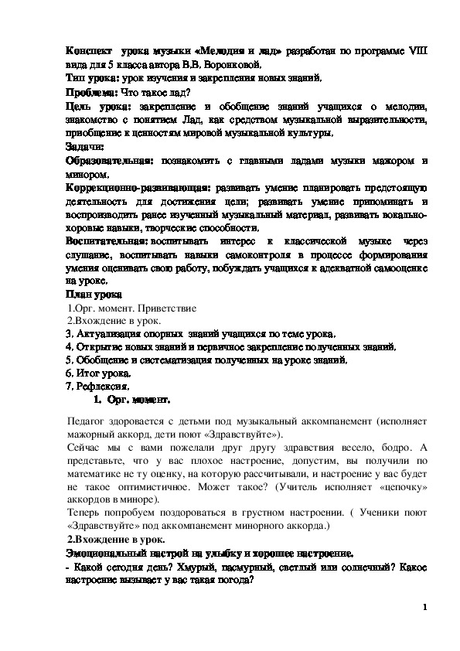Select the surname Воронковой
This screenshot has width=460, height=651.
(247, 64)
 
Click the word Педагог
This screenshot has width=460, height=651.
(88, 421)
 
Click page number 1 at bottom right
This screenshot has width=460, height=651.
(425, 607)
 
